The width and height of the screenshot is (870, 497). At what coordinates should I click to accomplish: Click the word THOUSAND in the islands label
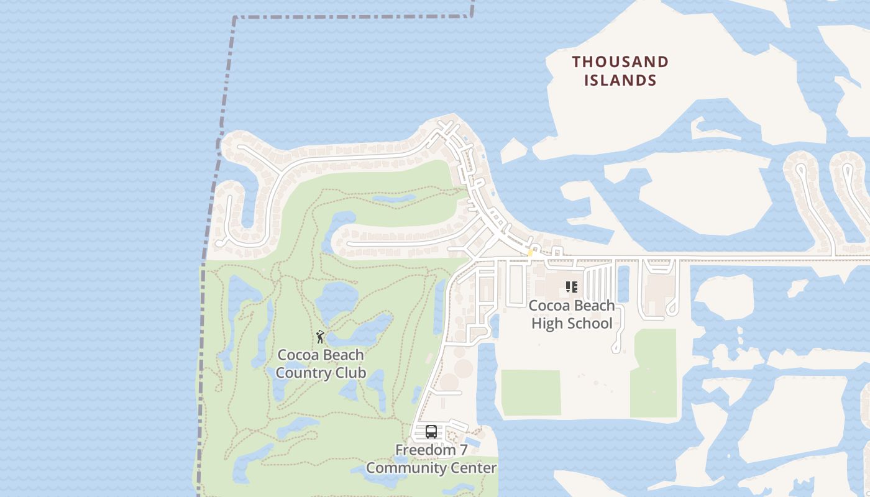click(620, 62)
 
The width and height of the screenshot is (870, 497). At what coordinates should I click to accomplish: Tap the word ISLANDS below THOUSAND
click(620, 80)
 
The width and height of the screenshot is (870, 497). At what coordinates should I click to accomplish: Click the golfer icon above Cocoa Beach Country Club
click(320, 337)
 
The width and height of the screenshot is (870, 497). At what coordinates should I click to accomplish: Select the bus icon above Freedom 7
click(431, 431)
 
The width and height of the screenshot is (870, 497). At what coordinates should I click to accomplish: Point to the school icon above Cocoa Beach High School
click(572, 287)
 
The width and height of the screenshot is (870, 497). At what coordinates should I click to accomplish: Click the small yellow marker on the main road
click(530, 253)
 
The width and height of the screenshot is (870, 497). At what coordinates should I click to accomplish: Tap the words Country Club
click(320, 373)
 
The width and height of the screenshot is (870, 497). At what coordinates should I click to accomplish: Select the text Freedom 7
click(431, 449)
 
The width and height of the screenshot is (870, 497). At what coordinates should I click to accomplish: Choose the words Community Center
click(431, 468)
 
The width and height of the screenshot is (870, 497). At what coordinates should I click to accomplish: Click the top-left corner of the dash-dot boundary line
click(236, 18)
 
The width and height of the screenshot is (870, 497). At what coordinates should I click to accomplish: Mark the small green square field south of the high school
click(531, 393)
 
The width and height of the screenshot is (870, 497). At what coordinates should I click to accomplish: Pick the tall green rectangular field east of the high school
click(654, 373)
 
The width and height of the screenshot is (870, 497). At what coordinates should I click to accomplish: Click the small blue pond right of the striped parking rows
click(623, 283)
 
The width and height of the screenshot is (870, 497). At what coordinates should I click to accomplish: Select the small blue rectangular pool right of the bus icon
click(472, 440)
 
